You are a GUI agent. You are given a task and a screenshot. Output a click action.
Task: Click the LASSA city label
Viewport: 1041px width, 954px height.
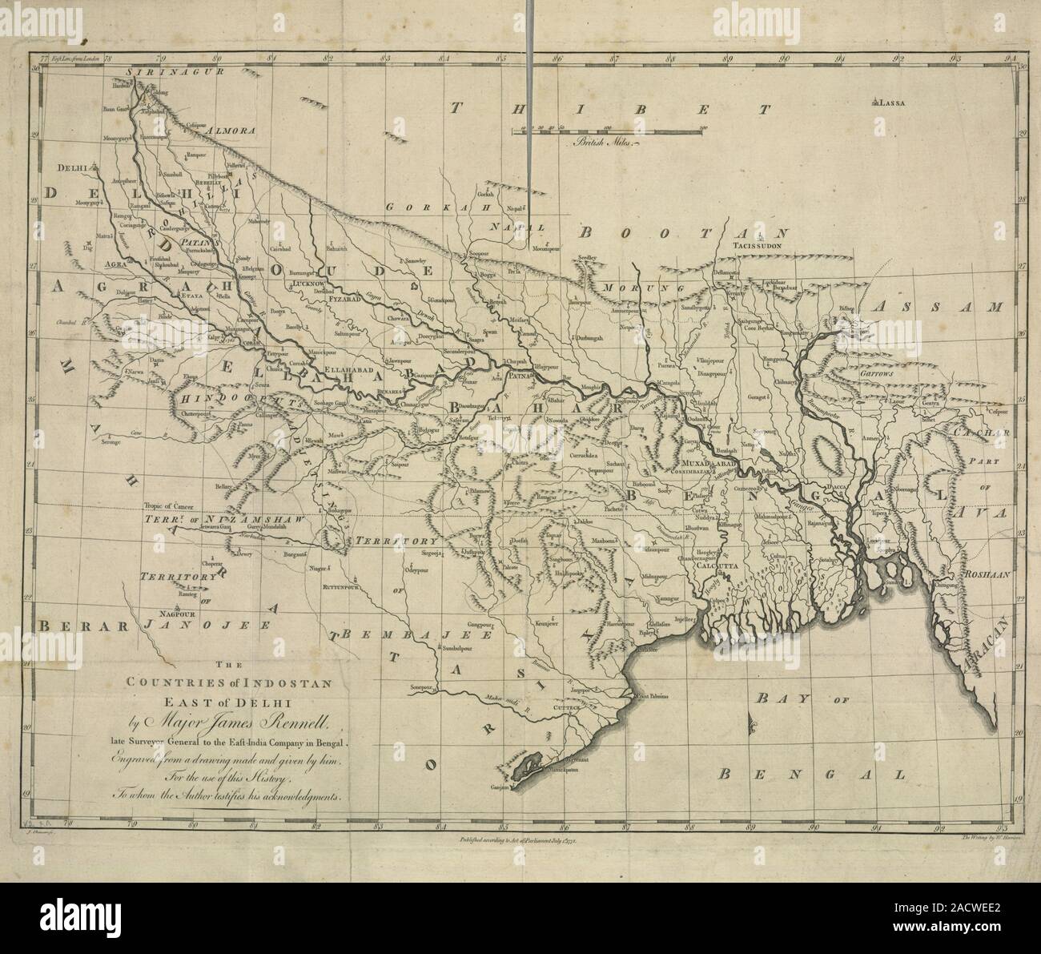[x=895, y=103]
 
